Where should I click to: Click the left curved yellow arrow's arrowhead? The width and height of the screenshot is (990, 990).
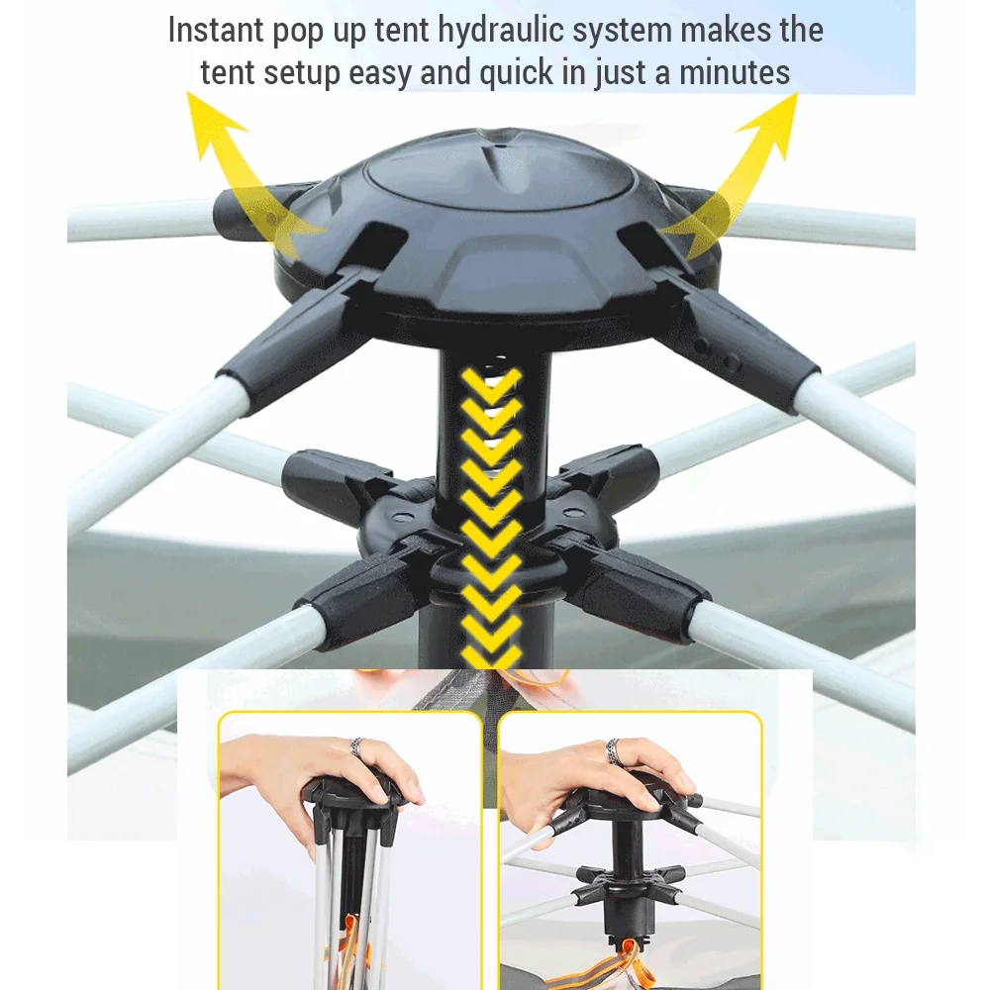click(x=212, y=120)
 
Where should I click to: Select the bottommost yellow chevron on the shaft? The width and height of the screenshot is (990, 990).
click(x=492, y=655)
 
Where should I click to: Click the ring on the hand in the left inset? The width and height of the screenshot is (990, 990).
click(x=358, y=746)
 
